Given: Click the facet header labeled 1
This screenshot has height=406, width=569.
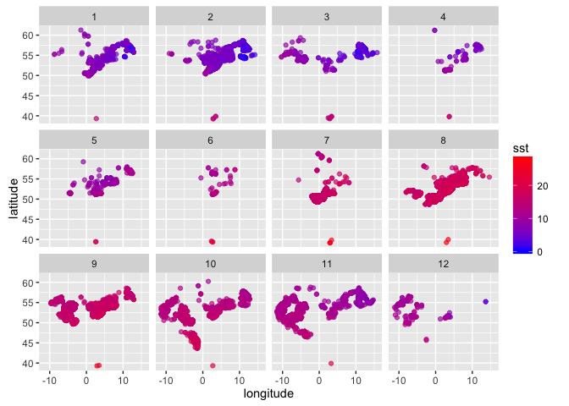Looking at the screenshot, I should pyautogui.click(x=94, y=16).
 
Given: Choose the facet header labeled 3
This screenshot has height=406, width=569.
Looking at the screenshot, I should pyautogui.click(x=327, y=16).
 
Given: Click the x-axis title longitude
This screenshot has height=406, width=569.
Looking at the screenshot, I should pyautogui.click(x=268, y=394).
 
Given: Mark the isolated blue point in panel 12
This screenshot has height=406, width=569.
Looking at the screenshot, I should pyautogui.click(x=485, y=301).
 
